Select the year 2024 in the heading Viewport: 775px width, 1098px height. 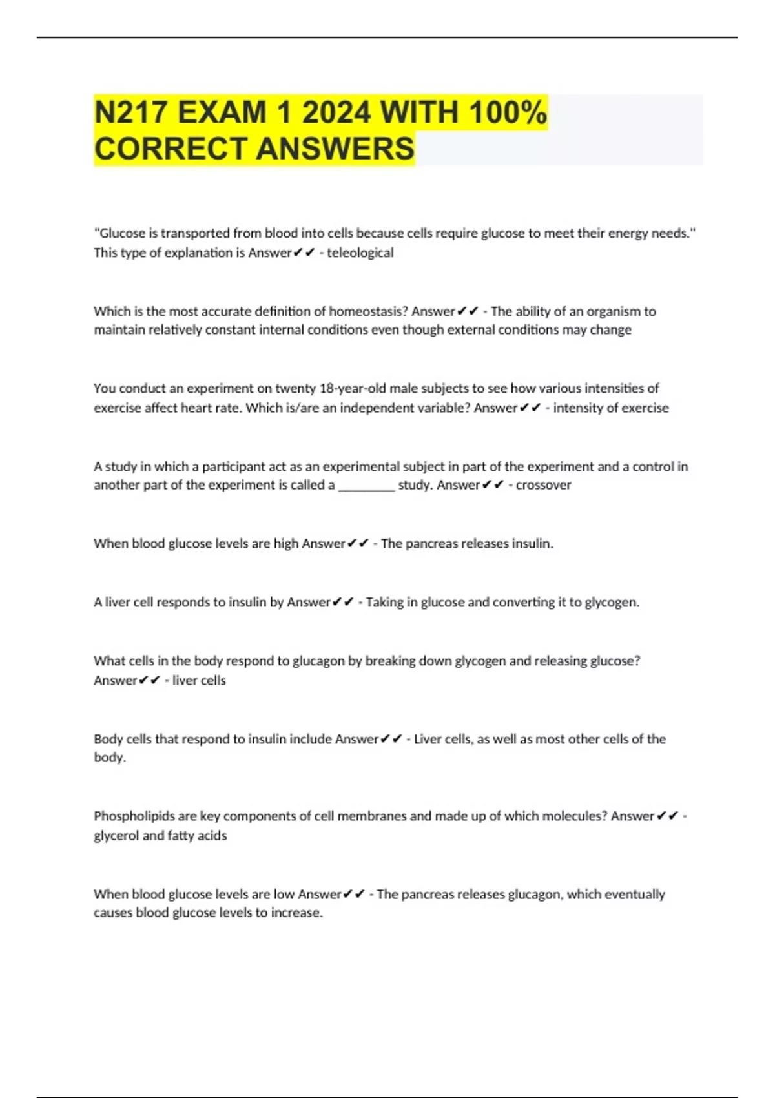point(336,112)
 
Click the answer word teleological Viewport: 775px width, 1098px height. point(360,253)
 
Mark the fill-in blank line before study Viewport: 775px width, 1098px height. point(366,486)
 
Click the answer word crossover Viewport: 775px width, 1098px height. point(543,485)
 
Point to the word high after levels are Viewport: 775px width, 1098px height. point(285,544)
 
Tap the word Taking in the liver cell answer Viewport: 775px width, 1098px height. point(384,603)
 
